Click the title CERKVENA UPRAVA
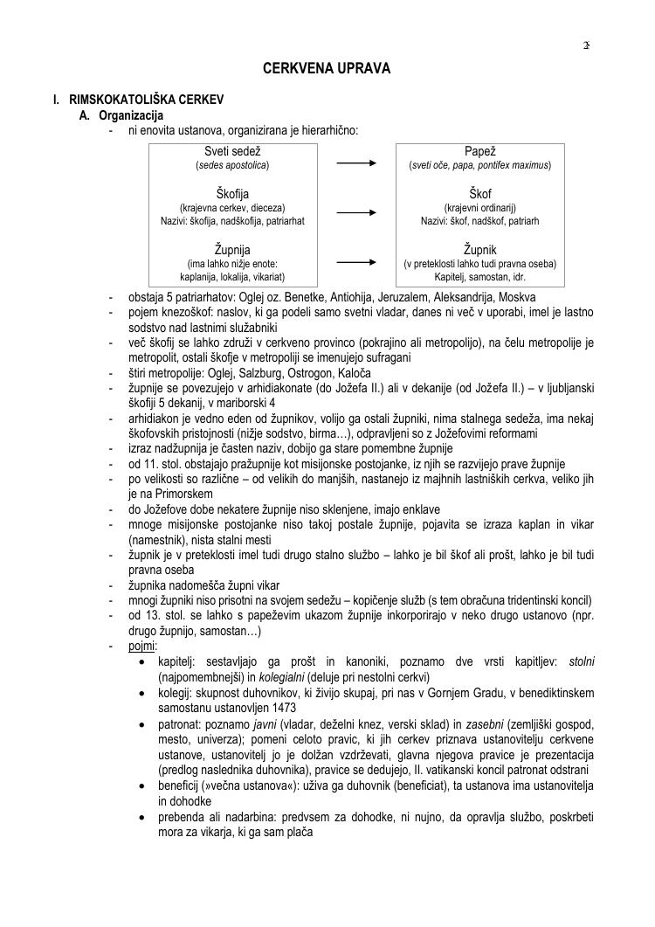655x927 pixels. click(327, 67)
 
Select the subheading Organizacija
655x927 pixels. click(131, 115)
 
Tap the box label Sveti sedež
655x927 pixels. click(232, 151)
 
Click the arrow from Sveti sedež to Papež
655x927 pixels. click(356, 163)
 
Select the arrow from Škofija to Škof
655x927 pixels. click(356, 211)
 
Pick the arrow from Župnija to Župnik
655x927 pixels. click(356, 261)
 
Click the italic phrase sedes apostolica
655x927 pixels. click(232, 165)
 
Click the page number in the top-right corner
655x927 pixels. click(586, 45)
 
